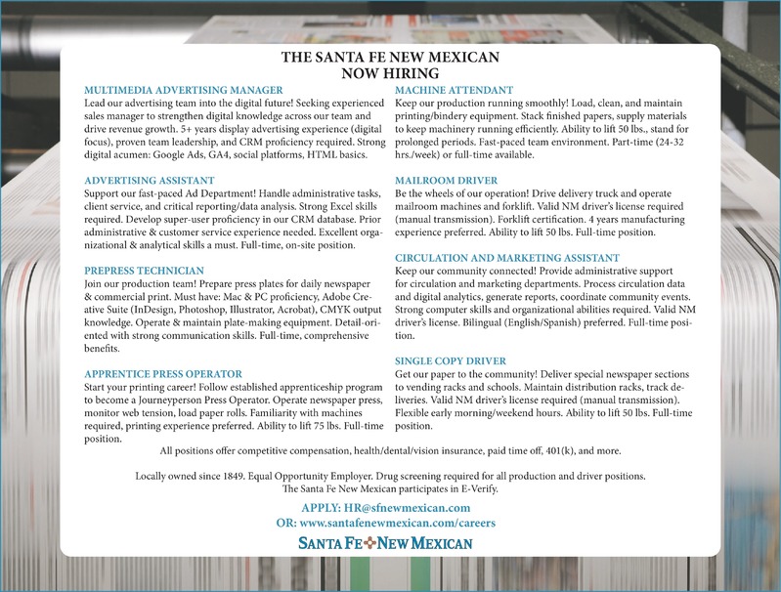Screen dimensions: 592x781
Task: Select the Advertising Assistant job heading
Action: click(x=150, y=181)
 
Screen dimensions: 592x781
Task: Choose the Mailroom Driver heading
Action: click(x=445, y=181)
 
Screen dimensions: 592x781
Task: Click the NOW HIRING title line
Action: click(x=390, y=72)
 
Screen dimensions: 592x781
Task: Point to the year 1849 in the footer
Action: click(x=238, y=475)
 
